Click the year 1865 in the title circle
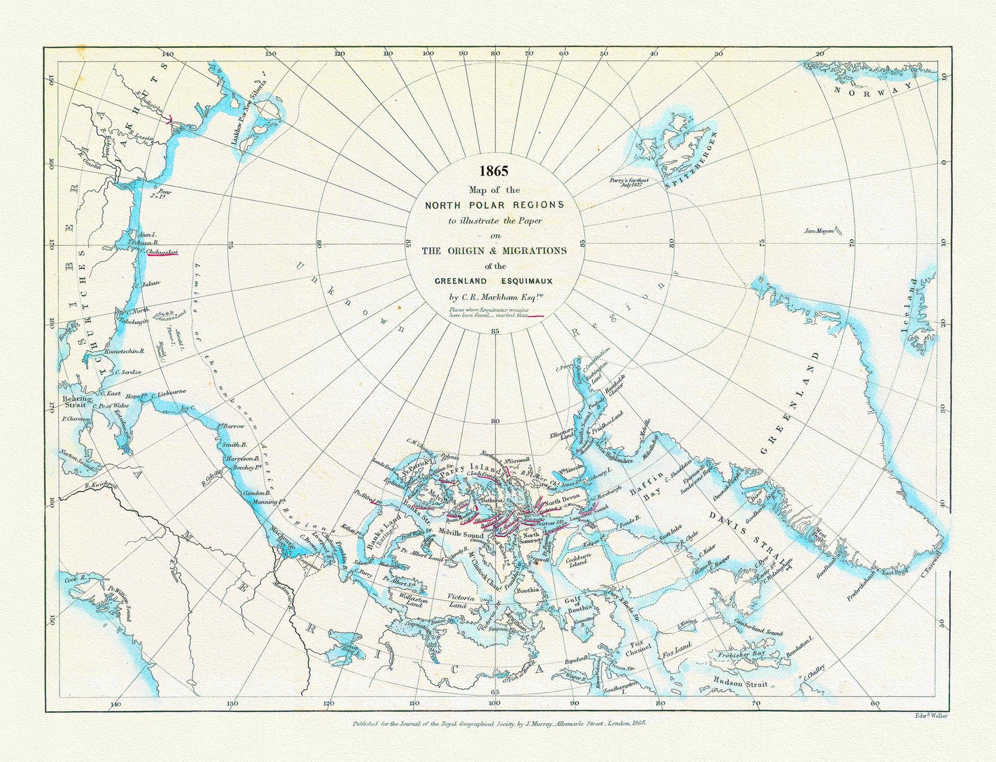coord(494,171)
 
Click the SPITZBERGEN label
coord(692,159)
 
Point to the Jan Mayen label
coord(819,231)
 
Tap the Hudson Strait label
coord(740,683)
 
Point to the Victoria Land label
coord(457,601)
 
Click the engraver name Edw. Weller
coord(930,716)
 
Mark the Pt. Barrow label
coord(231,426)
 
